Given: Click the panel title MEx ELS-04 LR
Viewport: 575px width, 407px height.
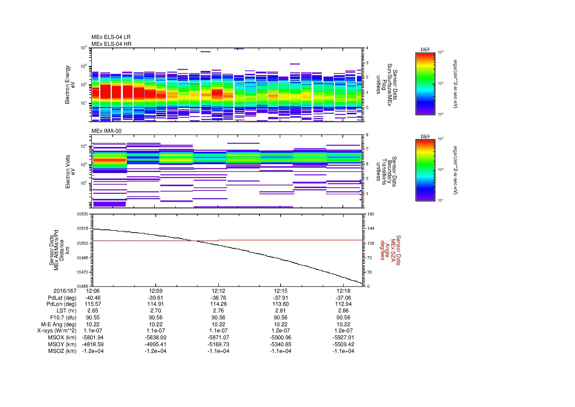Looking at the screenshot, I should point(111,37).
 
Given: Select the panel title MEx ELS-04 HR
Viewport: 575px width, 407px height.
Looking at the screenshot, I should point(111,44).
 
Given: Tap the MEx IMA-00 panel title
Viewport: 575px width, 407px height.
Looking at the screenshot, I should point(106,131).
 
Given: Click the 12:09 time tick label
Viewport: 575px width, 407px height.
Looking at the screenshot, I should point(156,291).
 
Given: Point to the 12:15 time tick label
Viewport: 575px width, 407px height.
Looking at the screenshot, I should point(280,291).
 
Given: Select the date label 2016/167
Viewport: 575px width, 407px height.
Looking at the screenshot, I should point(65,291).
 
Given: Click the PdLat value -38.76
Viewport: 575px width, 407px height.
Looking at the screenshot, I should point(218,298).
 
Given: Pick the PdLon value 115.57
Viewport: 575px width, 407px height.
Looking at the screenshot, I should point(93,304).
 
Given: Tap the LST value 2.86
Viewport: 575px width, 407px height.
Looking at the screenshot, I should point(343,311).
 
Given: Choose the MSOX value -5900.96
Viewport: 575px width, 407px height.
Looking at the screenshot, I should point(280,338).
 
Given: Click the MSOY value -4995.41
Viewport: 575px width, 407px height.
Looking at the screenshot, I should point(156,344).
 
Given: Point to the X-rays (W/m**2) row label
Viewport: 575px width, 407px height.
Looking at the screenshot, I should point(57,331).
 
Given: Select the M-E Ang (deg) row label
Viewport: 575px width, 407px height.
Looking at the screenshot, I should point(59,324).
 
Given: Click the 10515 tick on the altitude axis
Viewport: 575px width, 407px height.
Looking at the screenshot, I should point(83,228).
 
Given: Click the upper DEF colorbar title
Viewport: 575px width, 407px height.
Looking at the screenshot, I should point(425,50).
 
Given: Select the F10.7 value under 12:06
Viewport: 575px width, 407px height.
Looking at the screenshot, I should point(93,317).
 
